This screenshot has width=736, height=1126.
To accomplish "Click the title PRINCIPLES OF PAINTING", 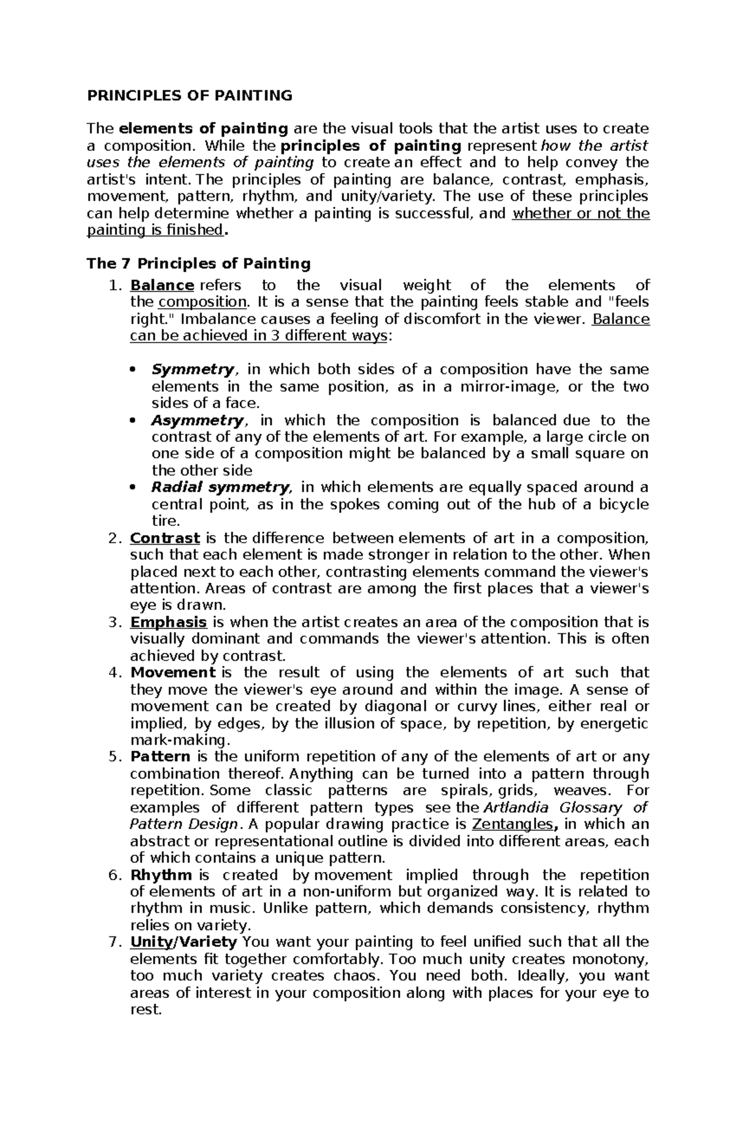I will click(x=190, y=95).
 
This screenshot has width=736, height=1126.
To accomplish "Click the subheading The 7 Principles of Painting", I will click(x=199, y=264).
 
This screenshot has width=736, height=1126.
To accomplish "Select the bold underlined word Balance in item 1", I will click(x=162, y=285).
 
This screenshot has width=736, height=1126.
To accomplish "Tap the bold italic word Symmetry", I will click(x=192, y=369).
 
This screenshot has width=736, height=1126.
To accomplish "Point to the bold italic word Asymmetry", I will click(x=197, y=420).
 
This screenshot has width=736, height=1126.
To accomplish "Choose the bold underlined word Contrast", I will click(x=165, y=538).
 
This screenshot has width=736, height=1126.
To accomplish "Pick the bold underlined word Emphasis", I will click(x=169, y=622).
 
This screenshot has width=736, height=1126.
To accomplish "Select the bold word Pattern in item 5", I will click(x=160, y=757).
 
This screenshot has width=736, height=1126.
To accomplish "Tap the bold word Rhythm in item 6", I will click(x=161, y=875).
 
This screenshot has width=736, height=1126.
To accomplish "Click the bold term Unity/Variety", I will click(x=183, y=942).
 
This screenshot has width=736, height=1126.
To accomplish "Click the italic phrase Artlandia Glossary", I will click(x=553, y=808).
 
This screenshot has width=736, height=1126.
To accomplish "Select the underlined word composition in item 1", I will click(x=202, y=302).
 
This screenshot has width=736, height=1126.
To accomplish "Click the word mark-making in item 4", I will click(x=178, y=740).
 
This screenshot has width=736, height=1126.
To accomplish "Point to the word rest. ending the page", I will click(x=146, y=1009).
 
